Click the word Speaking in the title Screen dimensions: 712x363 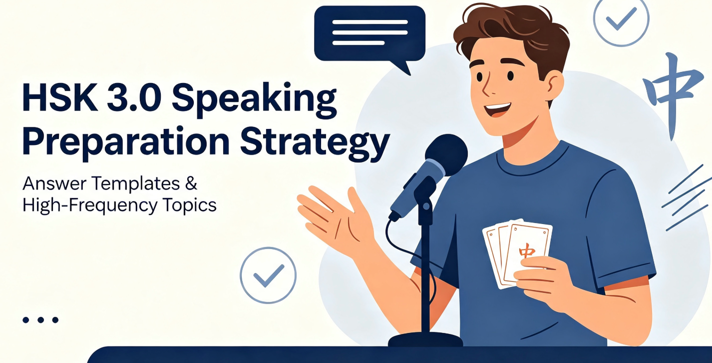(254, 97)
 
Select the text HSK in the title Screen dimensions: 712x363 (60, 96)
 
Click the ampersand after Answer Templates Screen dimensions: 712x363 (191, 183)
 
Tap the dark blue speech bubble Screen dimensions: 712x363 (369, 35)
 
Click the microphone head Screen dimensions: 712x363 (446, 155)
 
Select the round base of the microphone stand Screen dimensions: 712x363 (425, 339)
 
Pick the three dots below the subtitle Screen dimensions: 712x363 (40, 319)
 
